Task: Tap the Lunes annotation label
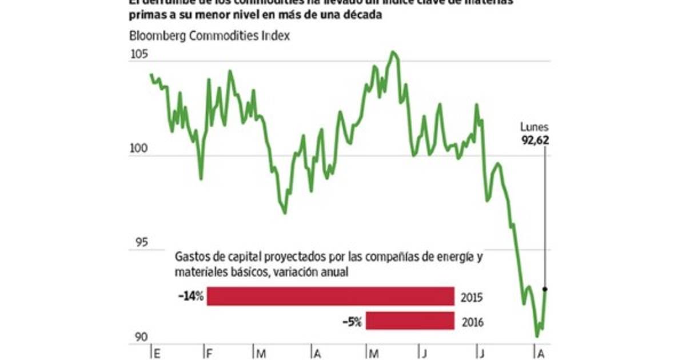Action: pos(535,127)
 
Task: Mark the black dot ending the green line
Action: pos(545,289)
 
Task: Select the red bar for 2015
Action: pos(330,297)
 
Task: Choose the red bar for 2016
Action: pos(410,321)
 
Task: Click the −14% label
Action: pos(191,297)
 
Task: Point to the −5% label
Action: pos(352,321)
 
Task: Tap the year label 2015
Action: pos(472,298)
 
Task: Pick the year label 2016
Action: pos(472,322)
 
